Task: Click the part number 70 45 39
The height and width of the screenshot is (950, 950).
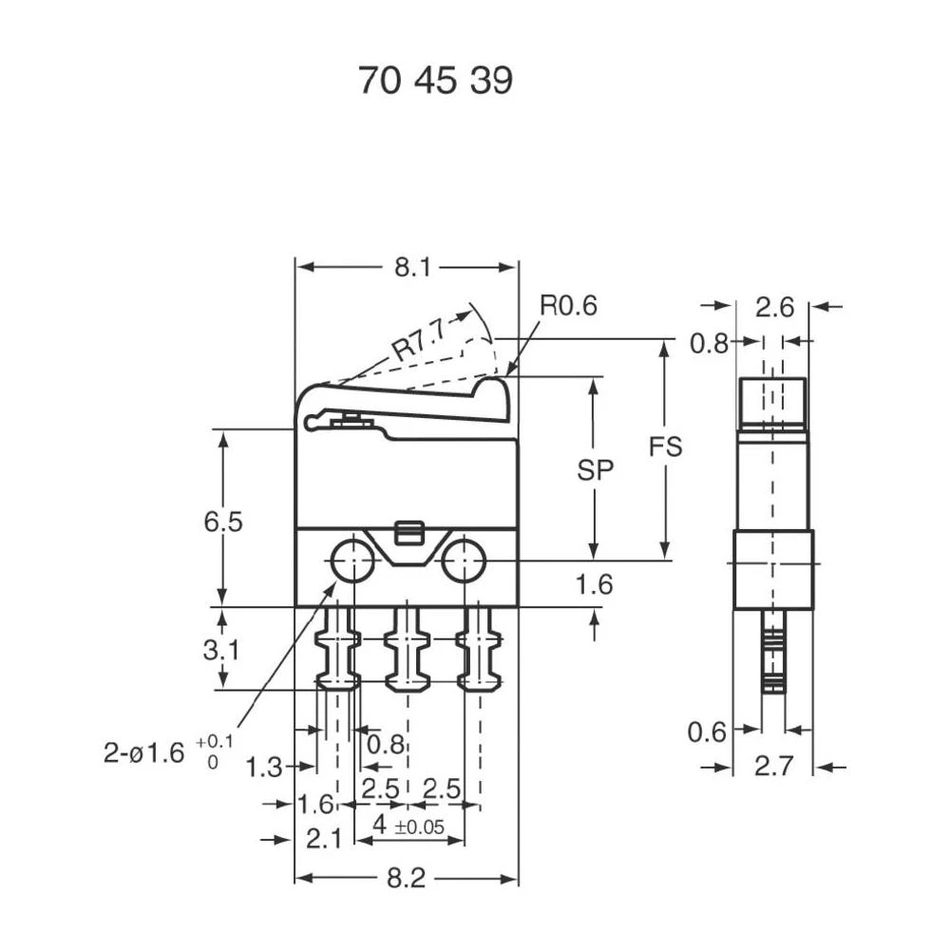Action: (435, 82)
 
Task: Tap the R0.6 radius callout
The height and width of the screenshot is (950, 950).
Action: (568, 306)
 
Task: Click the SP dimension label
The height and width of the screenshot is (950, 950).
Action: (595, 470)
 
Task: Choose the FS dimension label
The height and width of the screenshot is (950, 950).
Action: (665, 447)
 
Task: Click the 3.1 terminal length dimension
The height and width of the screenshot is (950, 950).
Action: (223, 651)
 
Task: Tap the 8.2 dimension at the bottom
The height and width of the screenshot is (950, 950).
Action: (406, 879)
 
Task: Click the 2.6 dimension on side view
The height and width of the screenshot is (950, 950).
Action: (774, 307)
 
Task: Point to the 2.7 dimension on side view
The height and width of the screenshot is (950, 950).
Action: (773, 767)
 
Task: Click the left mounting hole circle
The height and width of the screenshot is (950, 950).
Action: (352, 560)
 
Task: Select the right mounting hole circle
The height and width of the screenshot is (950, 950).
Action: (463, 560)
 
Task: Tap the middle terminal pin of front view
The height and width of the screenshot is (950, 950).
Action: (408, 651)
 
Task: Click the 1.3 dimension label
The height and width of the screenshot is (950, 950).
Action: (264, 767)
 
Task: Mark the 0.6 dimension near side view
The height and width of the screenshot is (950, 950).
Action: (707, 731)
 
